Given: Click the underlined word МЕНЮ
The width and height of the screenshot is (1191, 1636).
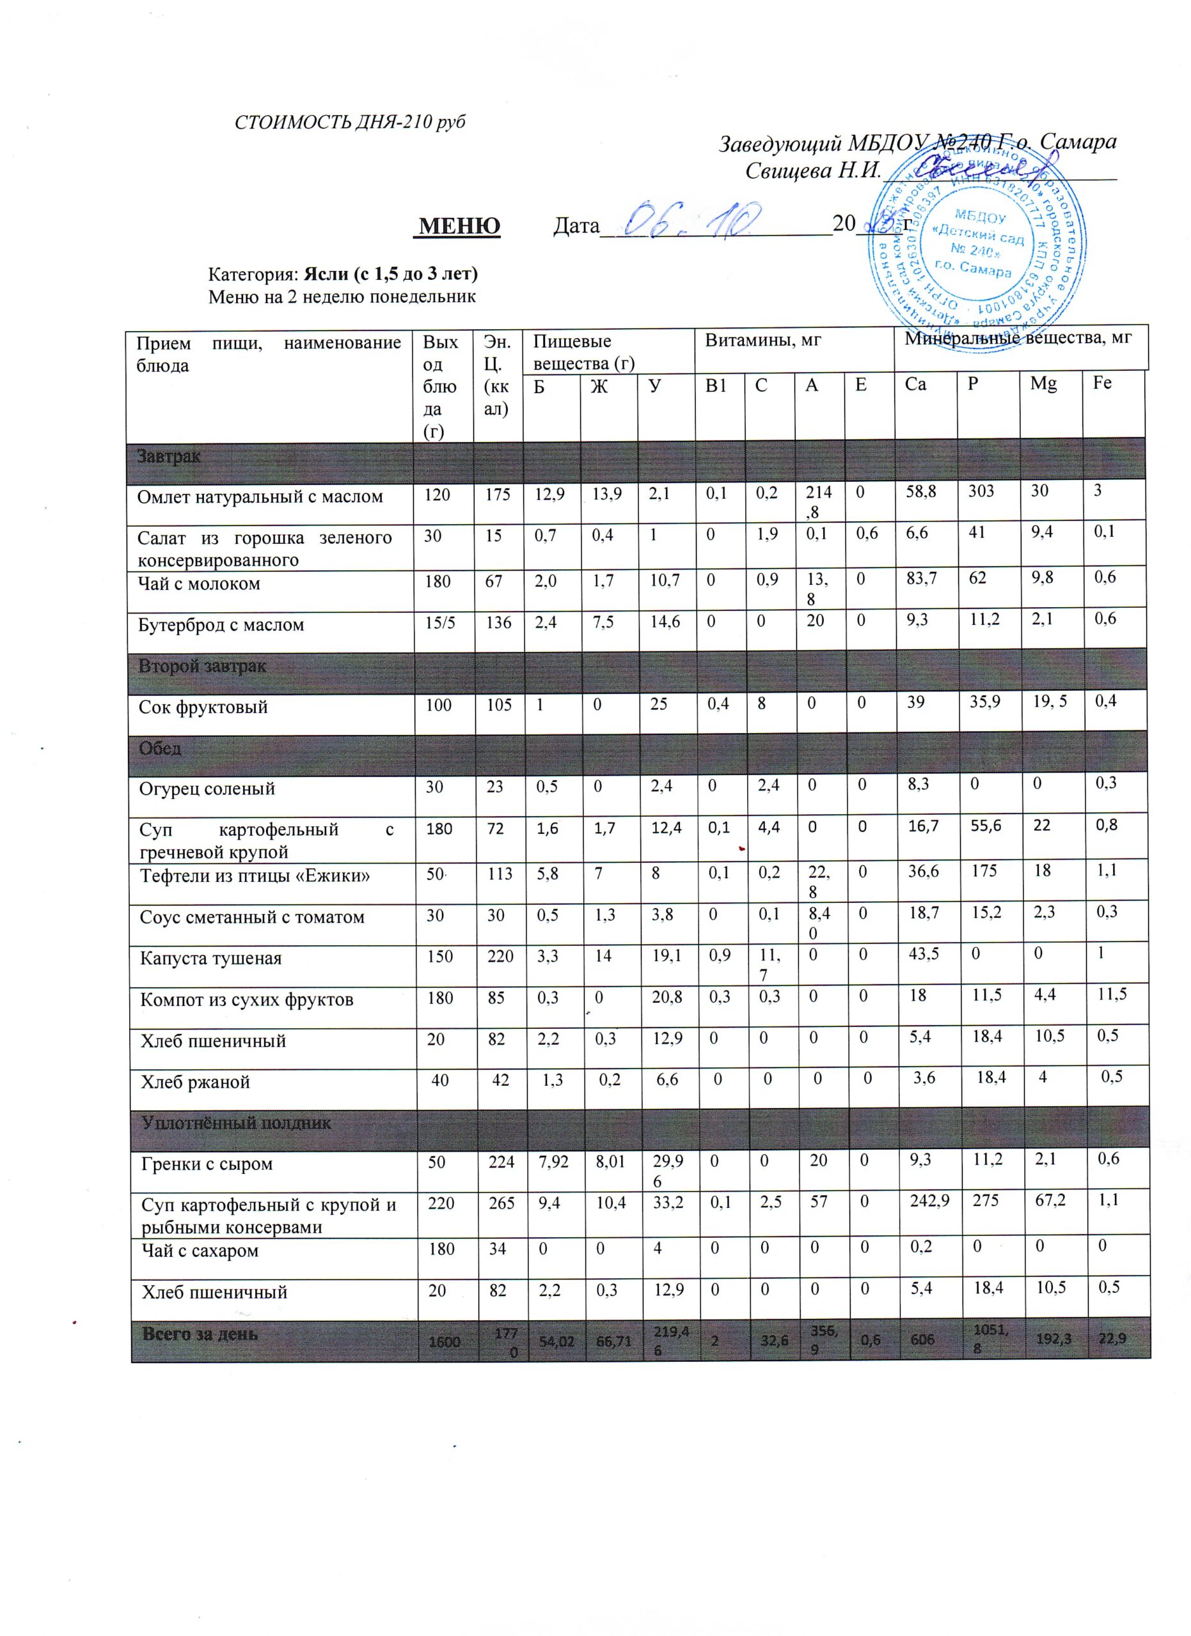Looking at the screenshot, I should click(x=460, y=226).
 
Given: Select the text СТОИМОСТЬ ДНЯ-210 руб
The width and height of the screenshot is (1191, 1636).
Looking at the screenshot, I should click(x=350, y=122).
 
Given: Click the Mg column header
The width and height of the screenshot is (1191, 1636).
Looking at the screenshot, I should click(x=1043, y=383).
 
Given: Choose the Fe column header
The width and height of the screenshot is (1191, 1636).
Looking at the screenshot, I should click(x=1102, y=383).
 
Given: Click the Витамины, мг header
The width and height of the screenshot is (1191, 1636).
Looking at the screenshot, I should click(x=763, y=341).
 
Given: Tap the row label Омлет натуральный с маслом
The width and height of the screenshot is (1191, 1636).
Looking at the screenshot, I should click(x=260, y=497).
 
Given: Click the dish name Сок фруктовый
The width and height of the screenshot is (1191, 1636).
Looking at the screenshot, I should click(x=203, y=707).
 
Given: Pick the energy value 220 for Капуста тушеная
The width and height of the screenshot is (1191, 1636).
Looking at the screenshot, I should click(x=500, y=957).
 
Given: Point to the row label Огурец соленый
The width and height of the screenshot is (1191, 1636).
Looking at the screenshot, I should click(x=207, y=789).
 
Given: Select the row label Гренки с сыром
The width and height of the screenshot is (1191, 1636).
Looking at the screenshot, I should click(x=207, y=1164).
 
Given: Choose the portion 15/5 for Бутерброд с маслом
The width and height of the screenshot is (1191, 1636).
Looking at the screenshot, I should click(x=439, y=622).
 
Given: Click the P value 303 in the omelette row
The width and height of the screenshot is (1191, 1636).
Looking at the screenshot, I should click(x=982, y=491).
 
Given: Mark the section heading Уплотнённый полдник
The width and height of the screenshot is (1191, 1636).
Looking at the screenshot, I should click(x=236, y=1122).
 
